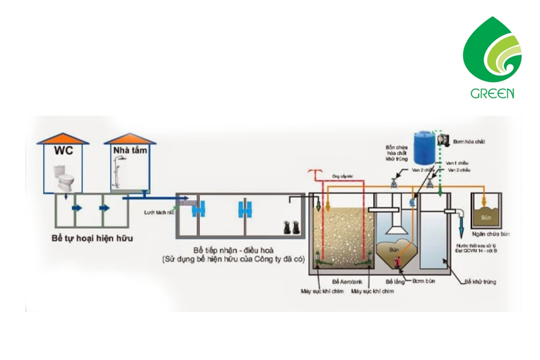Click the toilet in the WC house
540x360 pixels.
[x=63, y=178]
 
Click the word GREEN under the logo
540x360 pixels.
[x=492, y=93]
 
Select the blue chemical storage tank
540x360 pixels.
[x=424, y=148]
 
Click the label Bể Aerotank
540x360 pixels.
[x=347, y=282]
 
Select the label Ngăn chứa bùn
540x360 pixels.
[x=491, y=234]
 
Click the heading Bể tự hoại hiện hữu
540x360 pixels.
[x=92, y=238]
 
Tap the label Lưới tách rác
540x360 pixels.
[x=159, y=212]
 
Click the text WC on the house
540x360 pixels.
[x=63, y=151]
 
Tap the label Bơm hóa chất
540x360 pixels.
[x=469, y=141]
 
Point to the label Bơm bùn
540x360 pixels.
[x=423, y=281]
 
